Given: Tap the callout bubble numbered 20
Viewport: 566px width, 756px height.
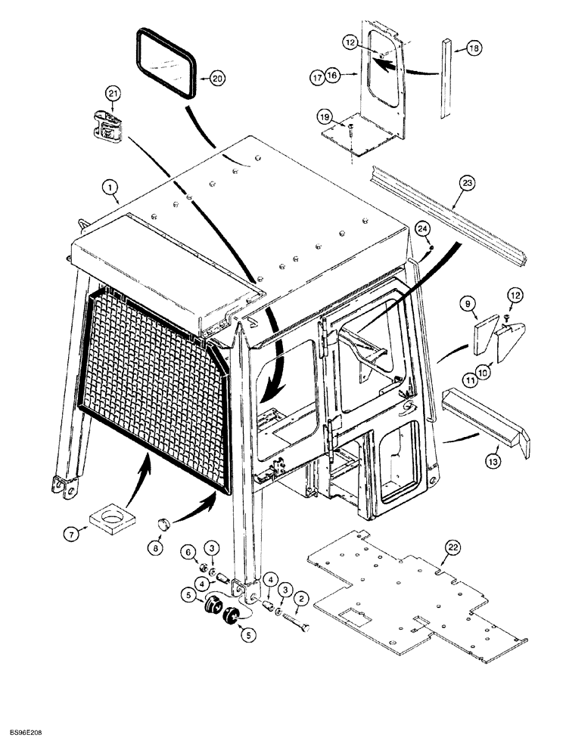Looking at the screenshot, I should click(216, 78).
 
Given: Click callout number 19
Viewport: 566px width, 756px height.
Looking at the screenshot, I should click(324, 118).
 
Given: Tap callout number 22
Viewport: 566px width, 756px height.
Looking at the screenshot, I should click(452, 547).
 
